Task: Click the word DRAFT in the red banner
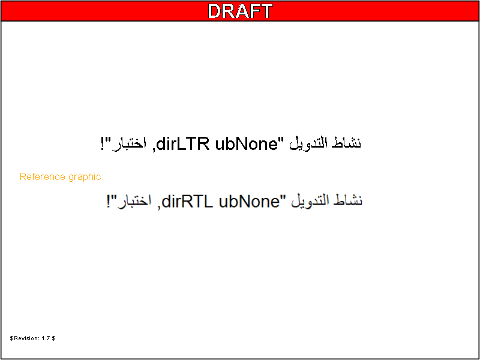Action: pos(240,11)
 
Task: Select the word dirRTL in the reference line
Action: pos(187,202)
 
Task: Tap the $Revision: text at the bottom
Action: pos(25,338)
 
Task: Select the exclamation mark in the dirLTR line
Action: pos(103,144)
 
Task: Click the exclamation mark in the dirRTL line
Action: pos(109,202)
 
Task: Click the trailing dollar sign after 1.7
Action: pos(53,338)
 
